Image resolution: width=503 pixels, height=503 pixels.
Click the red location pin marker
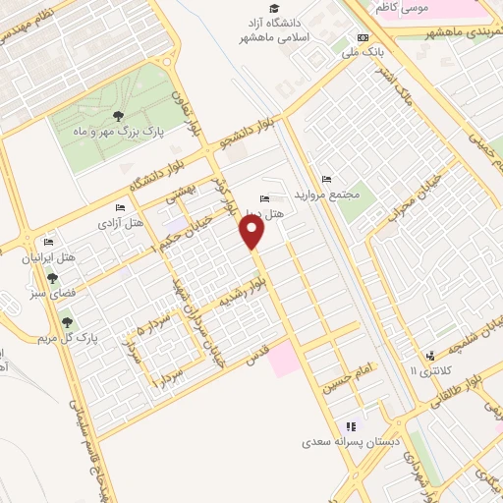point(253,232)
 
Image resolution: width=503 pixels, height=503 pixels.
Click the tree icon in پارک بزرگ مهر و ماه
point(119,116)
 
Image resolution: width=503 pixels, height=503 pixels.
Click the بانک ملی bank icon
point(363,37)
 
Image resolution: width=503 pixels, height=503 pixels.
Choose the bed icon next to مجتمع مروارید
point(326,179)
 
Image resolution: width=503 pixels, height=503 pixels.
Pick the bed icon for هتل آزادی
point(120,208)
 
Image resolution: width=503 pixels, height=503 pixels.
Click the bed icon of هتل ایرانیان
point(48,243)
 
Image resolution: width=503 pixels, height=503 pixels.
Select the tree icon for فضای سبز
point(39,279)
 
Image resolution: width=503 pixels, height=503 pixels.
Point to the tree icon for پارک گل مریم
point(67,322)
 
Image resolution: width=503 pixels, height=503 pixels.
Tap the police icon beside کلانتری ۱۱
point(429,356)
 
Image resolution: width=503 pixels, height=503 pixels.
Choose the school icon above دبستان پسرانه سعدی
point(349,426)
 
